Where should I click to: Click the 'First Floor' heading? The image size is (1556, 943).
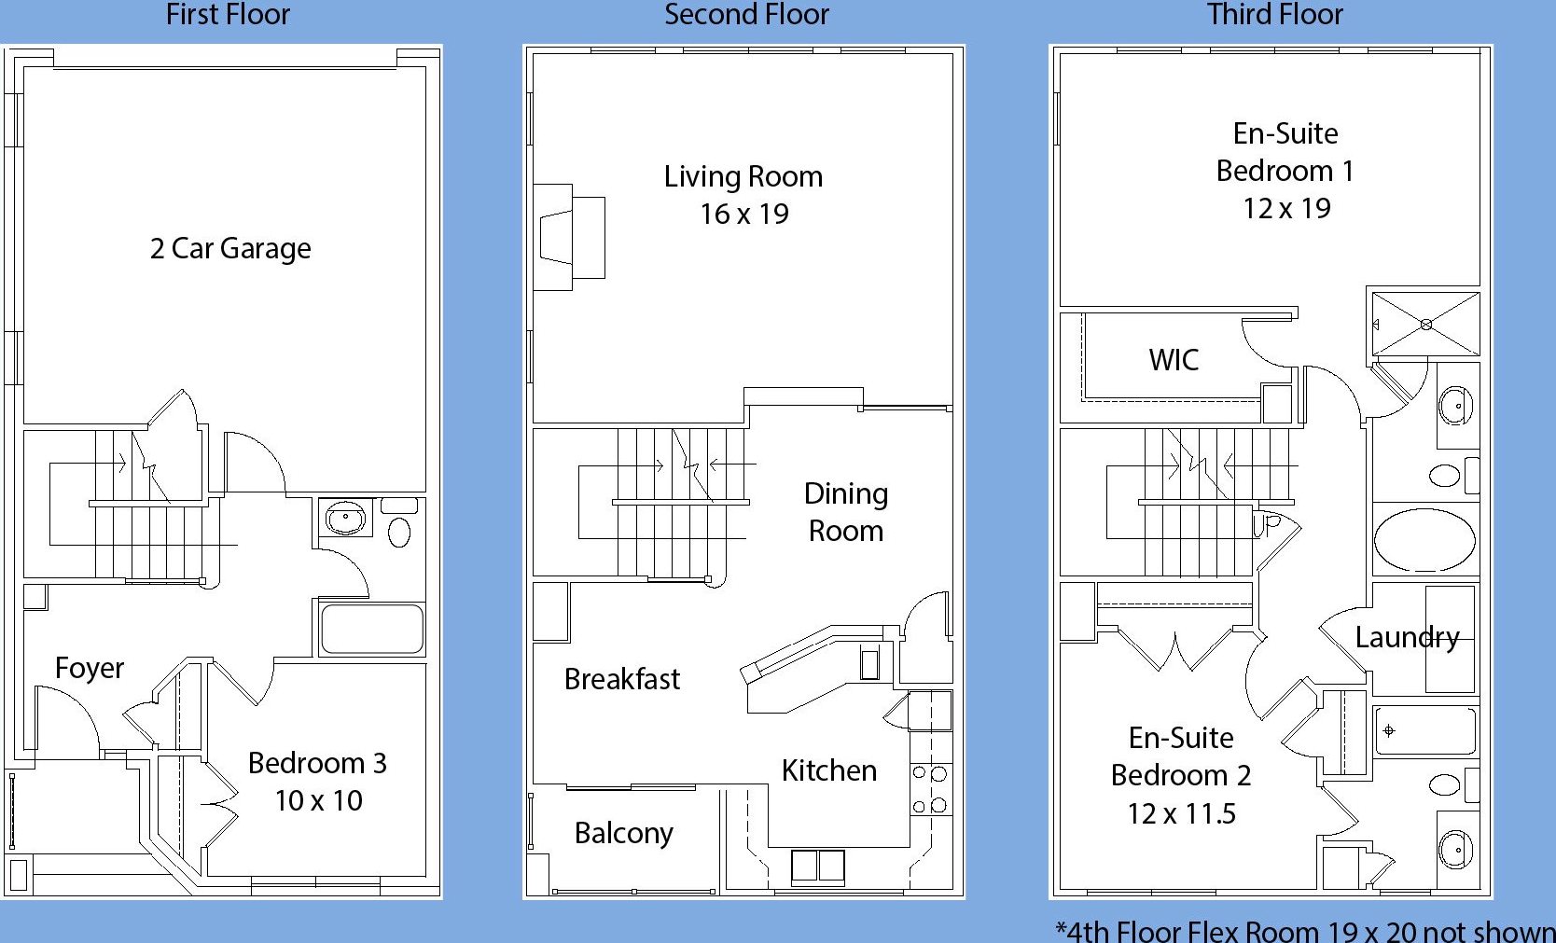point(227,15)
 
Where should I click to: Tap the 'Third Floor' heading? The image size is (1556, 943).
point(1274,15)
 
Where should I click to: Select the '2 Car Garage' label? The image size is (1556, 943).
point(230,249)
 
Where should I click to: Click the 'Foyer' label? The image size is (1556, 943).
point(90,668)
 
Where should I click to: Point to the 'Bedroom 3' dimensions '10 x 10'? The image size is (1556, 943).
point(319,800)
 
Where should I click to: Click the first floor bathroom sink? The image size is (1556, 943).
point(345,518)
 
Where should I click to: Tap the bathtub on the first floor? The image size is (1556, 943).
point(372,629)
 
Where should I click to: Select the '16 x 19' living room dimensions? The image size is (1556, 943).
point(744,214)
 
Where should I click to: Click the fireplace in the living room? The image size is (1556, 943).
point(569,237)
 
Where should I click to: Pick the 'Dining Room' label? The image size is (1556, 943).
point(846,512)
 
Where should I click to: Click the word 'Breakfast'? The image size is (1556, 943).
point(621,679)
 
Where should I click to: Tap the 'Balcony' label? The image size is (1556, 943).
point(624,833)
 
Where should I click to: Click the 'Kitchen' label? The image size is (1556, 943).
point(828,770)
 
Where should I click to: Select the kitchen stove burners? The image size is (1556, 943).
point(930,789)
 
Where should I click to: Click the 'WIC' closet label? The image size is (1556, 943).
point(1174,360)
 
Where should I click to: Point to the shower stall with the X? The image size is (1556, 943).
point(1426,325)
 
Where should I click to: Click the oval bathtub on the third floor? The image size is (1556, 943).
point(1424,539)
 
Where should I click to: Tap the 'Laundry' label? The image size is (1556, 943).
point(1408,637)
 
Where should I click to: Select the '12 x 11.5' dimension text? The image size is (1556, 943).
point(1181,814)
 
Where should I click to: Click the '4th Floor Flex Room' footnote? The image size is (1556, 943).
point(1305,931)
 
